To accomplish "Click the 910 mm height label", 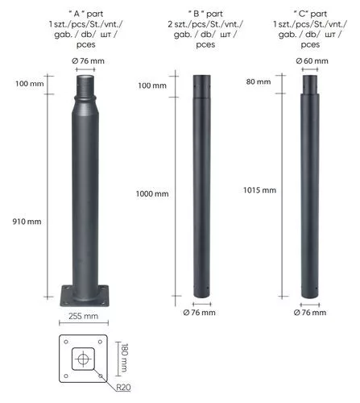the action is (27, 222).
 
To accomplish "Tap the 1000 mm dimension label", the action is (152, 193).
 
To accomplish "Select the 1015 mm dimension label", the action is (259, 190).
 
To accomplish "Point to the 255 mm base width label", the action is (83, 316).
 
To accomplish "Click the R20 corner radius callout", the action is (123, 387).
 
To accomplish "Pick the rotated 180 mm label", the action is (125, 358).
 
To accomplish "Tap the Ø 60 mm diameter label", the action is (312, 61).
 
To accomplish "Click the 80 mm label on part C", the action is (259, 81).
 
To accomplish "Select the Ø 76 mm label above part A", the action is (88, 61).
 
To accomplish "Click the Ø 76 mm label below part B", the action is (199, 313).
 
